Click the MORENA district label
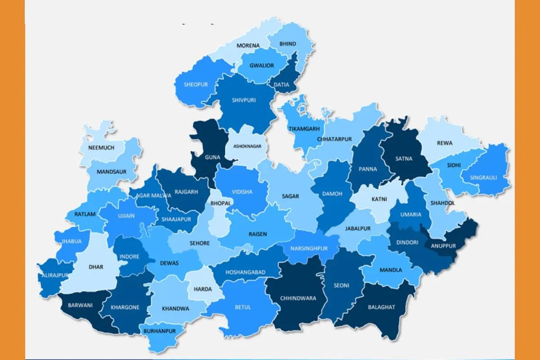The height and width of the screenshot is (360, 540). point(248,45)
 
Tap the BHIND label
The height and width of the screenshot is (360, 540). point(288,44)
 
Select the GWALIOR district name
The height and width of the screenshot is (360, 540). point(261,66)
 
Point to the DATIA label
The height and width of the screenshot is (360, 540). point(282,84)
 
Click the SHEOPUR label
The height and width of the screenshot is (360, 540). point(196,85)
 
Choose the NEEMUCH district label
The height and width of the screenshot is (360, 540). point(101,148)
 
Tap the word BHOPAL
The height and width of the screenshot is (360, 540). point(220,203)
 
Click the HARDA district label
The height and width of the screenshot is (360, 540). point(202,289)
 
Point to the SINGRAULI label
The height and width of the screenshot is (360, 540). point(483,177)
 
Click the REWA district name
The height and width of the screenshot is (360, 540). point(445,144)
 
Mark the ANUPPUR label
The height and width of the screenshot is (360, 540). point(443,246)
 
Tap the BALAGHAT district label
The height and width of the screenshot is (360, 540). point(381,307)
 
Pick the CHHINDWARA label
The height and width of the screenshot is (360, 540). point(298,298)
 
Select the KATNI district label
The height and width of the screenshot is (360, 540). point(379,198)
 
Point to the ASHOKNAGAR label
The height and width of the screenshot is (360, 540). point(247,146)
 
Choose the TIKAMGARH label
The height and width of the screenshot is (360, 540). point(304,129)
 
